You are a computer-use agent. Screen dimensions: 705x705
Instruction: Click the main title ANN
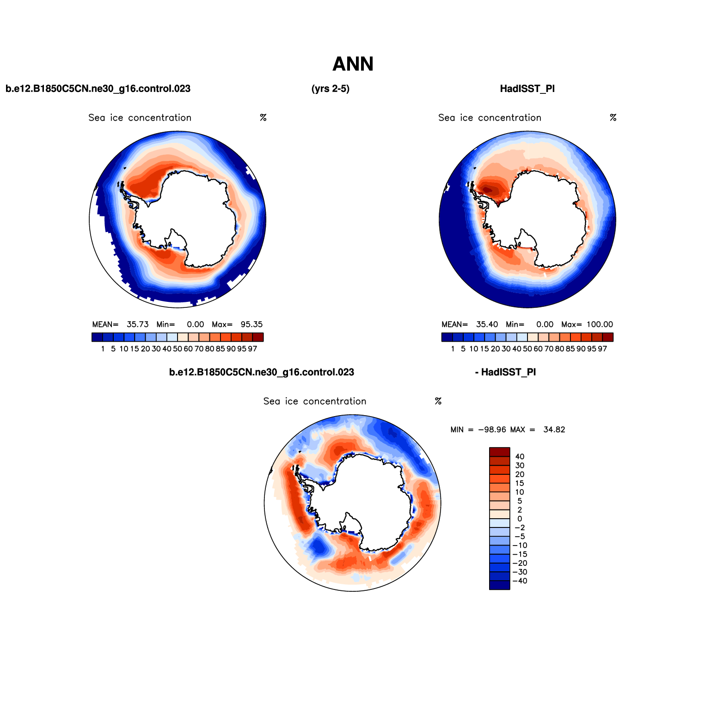[x=353, y=64]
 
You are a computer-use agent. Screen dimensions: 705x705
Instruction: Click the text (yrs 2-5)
[x=331, y=89]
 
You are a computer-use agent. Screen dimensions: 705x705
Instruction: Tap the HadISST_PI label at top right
[x=527, y=89]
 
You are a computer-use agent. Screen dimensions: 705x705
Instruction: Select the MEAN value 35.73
[x=138, y=325]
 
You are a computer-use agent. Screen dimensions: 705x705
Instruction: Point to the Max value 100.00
[x=600, y=325]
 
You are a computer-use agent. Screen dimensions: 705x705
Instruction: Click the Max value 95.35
[x=251, y=325]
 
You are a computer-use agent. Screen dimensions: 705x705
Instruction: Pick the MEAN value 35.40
[x=487, y=325]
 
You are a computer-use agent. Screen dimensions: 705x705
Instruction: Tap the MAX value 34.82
[x=554, y=430]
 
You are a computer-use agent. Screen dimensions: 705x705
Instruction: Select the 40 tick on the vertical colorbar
[x=520, y=457]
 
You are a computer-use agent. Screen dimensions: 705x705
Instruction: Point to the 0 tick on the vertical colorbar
[x=520, y=519]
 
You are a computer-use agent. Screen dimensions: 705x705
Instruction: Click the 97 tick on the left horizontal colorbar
[x=252, y=349]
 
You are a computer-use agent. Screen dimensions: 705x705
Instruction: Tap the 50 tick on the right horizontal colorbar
[x=527, y=349]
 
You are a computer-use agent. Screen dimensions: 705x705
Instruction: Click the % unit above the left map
[x=263, y=118]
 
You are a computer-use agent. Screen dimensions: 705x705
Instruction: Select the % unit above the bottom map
[x=438, y=401]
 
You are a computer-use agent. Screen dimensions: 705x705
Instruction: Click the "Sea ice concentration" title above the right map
[x=490, y=118]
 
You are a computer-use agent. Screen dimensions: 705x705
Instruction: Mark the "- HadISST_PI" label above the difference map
[x=505, y=372]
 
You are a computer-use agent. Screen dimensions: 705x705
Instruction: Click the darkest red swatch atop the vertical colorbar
[x=499, y=452]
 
